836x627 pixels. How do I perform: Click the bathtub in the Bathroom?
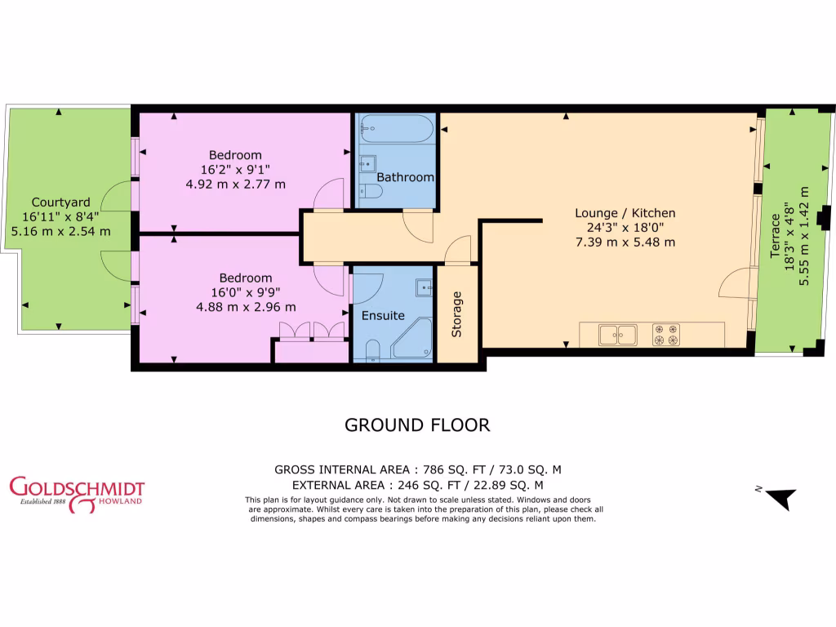click(x=396, y=129)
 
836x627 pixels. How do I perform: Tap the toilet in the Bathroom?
click(x=369, y=192)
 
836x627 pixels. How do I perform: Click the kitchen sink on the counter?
click(x=617, y=335)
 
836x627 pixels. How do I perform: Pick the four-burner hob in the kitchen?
click(x=665, y=335)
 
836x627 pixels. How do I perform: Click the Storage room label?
click(x=457, y=314)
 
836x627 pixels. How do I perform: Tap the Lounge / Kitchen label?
click(x=625, y=213)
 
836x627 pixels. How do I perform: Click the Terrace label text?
click(x=775, y=236)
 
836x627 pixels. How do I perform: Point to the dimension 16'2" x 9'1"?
click(x=235, y=170)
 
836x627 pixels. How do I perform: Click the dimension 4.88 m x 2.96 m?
click(x=235, y=307)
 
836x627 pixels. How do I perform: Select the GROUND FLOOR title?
click(x=417, y=425)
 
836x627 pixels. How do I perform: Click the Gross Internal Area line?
click(x=417, y=469)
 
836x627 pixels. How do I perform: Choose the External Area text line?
click(x=417, y=485)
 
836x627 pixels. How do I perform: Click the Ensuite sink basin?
click(x=424, y=287)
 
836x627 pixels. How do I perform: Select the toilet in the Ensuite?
click(x=371, y=352)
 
